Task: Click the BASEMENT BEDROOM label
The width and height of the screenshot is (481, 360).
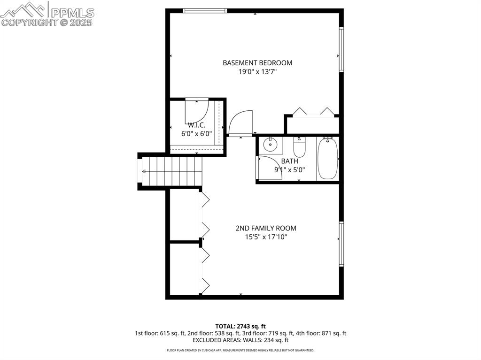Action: coord(257,62)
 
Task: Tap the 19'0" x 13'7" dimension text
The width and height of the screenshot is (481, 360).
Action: coord(257,72)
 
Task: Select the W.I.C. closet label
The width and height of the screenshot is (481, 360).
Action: coord(196,125)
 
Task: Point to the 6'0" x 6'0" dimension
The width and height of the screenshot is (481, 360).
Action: coord(196,133)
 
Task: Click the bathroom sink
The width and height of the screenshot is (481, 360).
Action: coord(271,145)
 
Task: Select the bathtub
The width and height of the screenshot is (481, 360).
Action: coord(327,159)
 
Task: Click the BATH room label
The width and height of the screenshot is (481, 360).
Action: coord(290,161)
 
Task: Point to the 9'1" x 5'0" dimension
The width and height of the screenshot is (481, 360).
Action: coord(290,170)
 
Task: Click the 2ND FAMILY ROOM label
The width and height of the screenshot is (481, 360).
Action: coord(266,228)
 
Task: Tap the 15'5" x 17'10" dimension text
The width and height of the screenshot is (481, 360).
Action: coord(266,237)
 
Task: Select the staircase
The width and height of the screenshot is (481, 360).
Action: coord(172,171)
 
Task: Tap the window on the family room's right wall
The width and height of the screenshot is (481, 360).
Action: coord(341,244)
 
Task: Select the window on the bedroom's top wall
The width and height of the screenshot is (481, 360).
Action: coord(205,10)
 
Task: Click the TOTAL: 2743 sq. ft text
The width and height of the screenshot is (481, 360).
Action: coord(240,326)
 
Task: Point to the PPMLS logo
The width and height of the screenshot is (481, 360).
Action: coord(47,14)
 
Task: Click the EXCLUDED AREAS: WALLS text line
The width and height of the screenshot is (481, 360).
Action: coord(240,340)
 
